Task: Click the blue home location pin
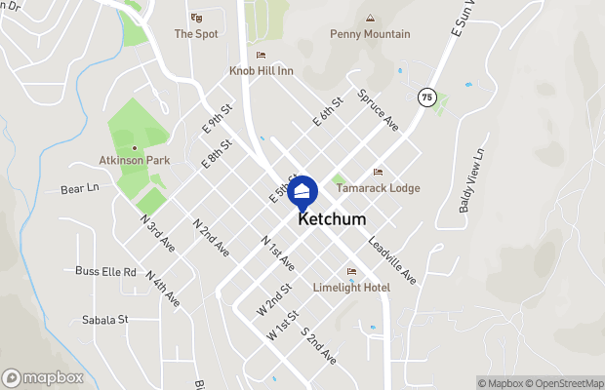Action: pyautogui.click(x=302, y=191)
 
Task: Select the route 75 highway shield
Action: pyautogui.click(x=426, y=97)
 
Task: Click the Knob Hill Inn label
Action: pyautogui.click(x=261, y=70)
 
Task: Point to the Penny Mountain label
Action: pyautogui.click(x=370, y=34)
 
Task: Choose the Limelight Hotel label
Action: pyautogui.click(x=350, y=287)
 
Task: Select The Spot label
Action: pyautogui.click(x=196, y=33)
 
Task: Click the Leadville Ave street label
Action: pyautogui.click(x=392, y=259)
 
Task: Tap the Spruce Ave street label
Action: pyautogui.click(x=378, y=111)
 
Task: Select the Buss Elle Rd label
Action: pyautogui.click(x=105, y=272)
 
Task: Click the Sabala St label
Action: pyautogui.click(x=105, y=319)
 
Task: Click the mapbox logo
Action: pyautogui.click(x=43, y=377)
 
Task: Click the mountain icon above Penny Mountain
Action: pyautogui.click(x=370, y=18)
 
